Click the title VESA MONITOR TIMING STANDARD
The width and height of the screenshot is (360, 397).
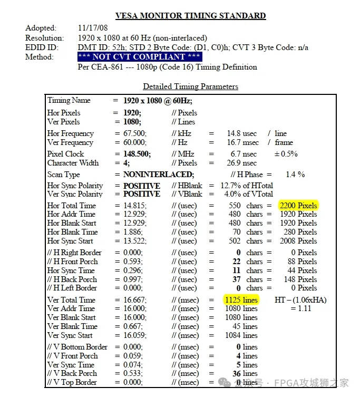pyautogui.click(x=190, y=16)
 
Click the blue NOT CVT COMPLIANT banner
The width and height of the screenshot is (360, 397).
pyautogui.click(x=139, y=57)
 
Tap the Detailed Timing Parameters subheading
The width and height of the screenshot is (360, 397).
pyautogui.click(x=190, y=86)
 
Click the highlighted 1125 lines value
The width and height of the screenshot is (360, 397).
pyautogui.click(x=241, y=300)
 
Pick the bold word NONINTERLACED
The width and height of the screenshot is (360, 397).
pyautogui.click(x=159, y=175)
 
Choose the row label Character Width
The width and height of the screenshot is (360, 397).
pyautogui.click(x=73, y=163)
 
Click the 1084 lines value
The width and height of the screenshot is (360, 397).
pyautogui.click(x=241, y=335)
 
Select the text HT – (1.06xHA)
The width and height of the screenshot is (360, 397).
pyautogui.click(x=300, y=300)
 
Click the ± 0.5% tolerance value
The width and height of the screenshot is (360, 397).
pyautogui.click(x=286, y=154)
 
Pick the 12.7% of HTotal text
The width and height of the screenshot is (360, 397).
pyautogui.click(x=240, y=186)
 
